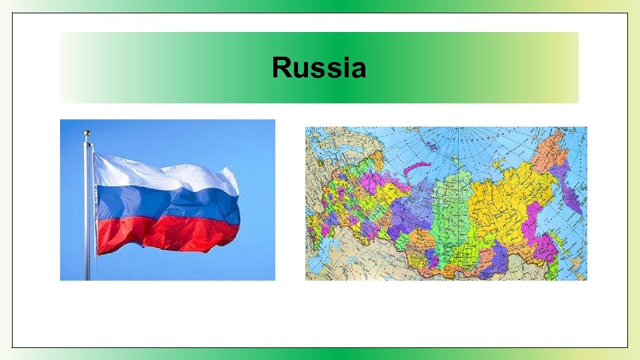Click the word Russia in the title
(x=319, y=68)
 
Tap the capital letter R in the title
(x=281, y=68)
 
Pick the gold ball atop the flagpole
(x=87, y=133)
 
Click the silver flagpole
(x=87, y=213)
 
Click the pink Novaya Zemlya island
(x=417, y=167)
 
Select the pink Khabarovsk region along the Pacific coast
(x=533, y=227)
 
